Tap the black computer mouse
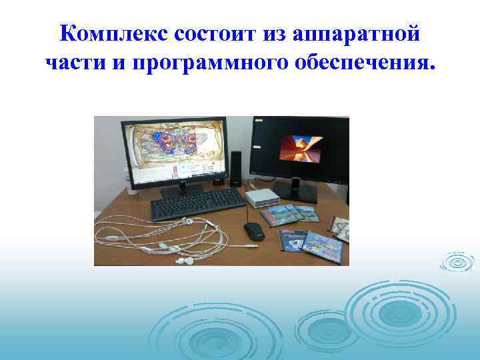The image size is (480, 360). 254,233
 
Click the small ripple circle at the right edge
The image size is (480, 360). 458,263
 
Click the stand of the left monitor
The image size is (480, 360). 181,189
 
